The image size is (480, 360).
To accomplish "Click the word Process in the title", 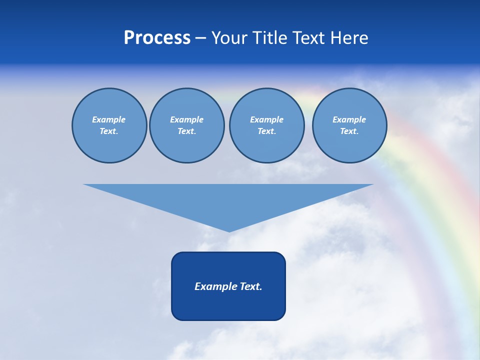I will (x=157, y=38).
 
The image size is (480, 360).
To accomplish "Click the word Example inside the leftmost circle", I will (x=109, y=119).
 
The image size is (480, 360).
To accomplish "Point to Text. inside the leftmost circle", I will (x=109, y=131).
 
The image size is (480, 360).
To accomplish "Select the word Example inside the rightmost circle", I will (x=349, y=119).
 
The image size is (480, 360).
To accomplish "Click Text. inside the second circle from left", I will (x=186, y=131).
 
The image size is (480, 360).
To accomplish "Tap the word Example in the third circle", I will (x=266, y=119).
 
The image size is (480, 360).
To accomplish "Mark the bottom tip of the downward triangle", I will (x=229, y=230).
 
